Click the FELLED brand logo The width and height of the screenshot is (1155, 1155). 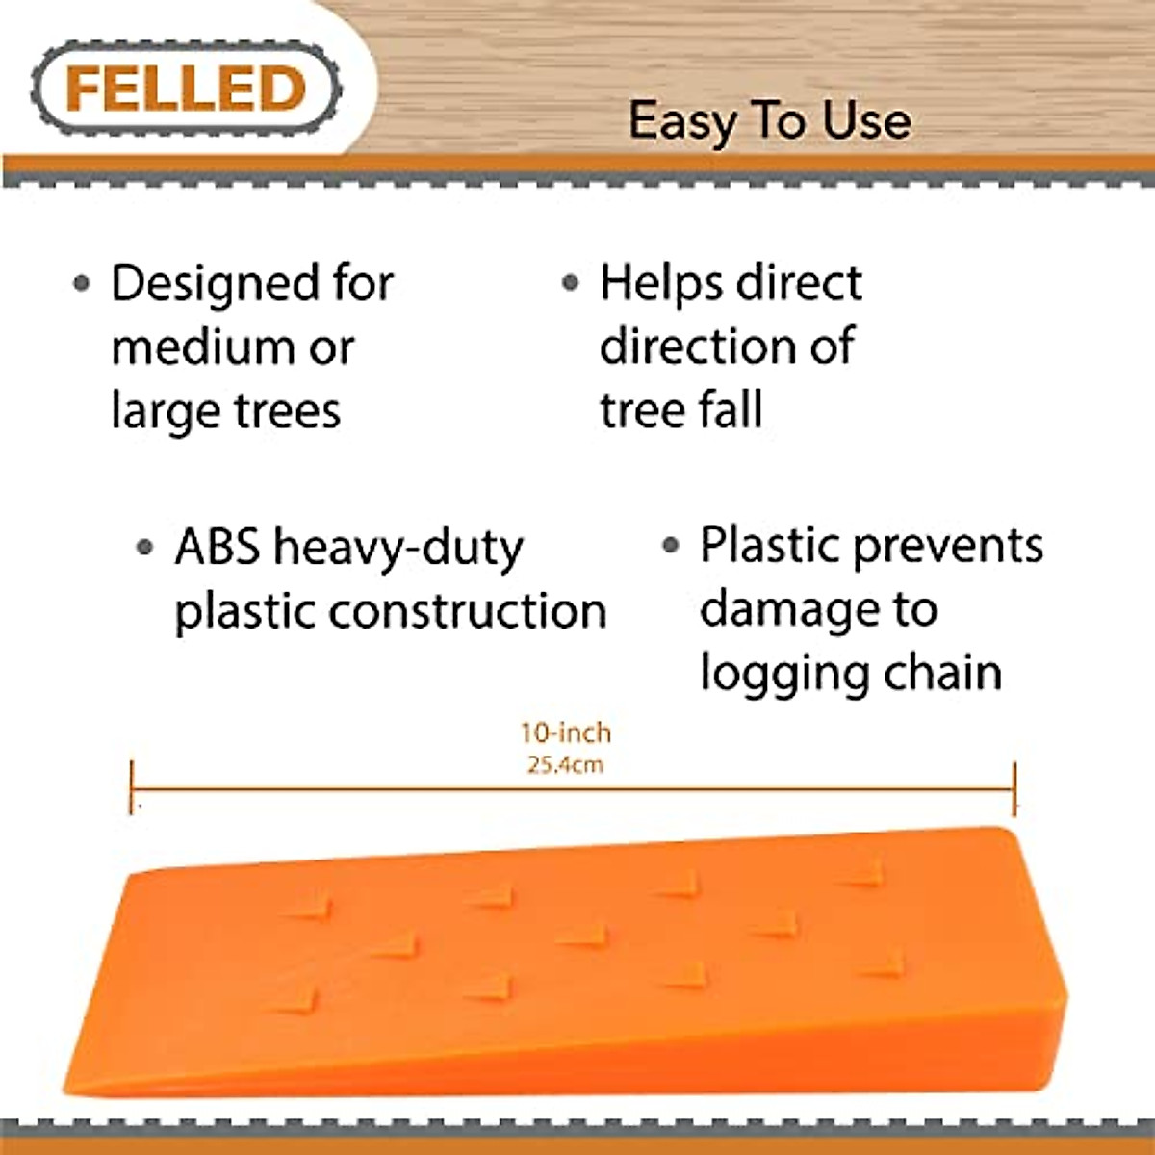tap(186, 89)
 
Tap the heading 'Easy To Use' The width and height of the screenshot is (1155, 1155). tap(769, 122)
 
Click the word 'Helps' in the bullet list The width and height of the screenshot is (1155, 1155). tap(659, 284)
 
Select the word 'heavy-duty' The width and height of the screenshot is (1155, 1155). tap(398, 549)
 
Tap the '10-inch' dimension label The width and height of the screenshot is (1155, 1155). tap(566, 733)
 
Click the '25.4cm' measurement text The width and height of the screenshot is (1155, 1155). tap(566, 766)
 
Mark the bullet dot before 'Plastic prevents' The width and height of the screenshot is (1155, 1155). tap(671, 546)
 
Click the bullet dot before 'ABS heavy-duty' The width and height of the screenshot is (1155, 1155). tap(144, 548)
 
